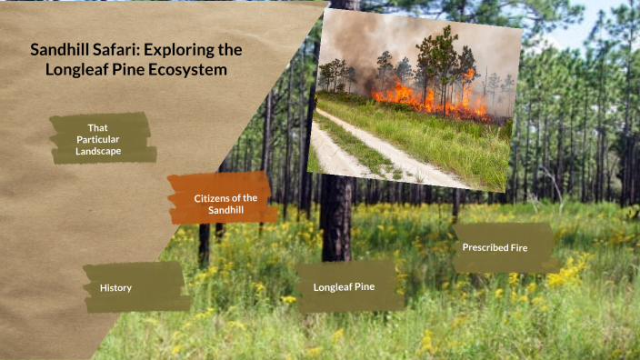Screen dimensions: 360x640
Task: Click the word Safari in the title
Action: point(106,51)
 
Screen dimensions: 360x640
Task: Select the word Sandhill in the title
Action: point(57,51)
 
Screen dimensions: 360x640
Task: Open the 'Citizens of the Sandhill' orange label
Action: point(225,204)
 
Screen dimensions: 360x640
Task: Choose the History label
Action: point(115,288)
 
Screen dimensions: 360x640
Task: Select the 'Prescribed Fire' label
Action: point(495,247)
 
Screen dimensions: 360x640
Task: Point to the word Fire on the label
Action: point(517,247)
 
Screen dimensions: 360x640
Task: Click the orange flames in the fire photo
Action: point(427,95)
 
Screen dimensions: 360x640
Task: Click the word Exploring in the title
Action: point(175,51)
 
